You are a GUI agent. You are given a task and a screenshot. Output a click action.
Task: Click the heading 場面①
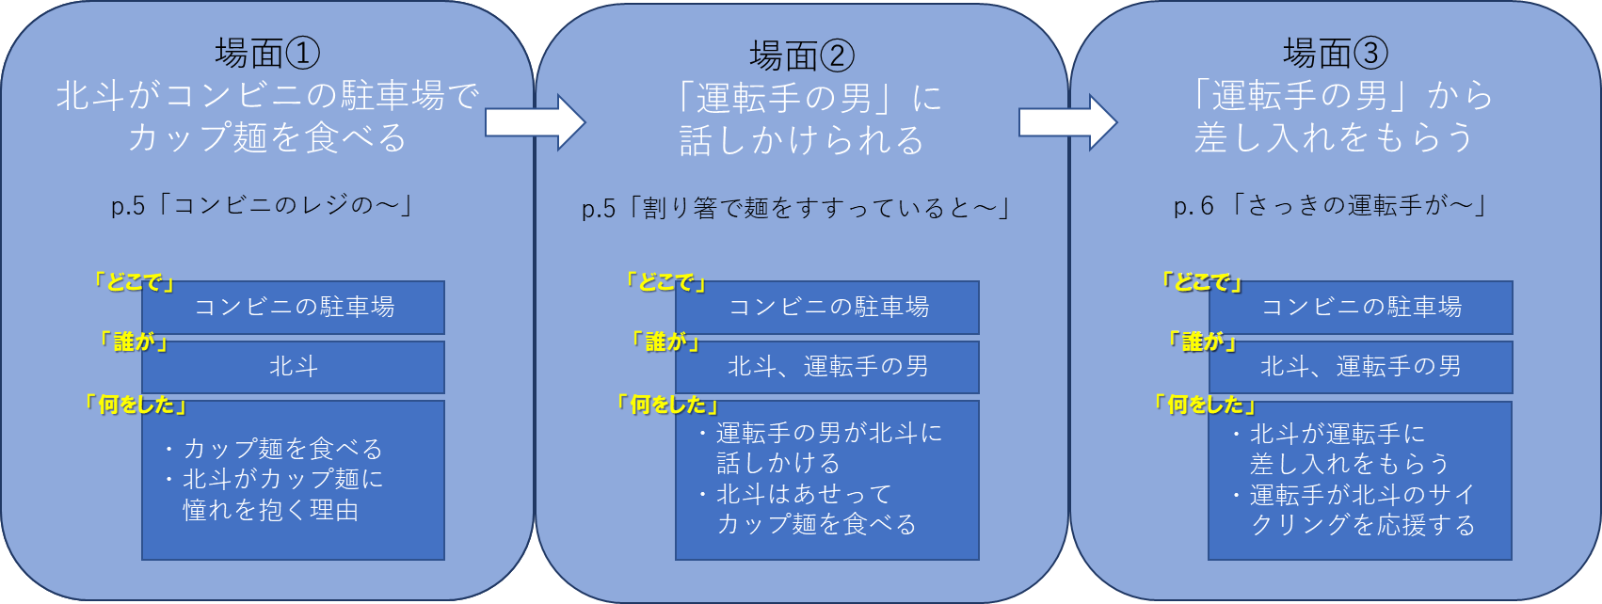[x=267, y=53]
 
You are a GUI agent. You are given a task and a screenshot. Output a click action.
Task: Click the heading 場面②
[x=801, y=56]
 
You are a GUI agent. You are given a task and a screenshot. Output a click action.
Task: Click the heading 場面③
[x=1335, y=53]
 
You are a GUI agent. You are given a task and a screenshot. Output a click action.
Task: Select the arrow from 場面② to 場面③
[x=1067, y=122]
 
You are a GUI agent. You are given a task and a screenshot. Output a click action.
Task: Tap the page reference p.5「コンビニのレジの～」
[x=263, y=205]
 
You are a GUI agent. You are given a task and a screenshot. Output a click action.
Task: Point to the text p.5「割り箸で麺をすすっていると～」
[x=796, y=208]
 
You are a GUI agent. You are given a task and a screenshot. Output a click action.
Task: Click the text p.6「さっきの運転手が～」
[x=1331, y=205]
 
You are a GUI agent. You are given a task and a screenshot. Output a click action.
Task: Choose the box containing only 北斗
[x=294, y=367]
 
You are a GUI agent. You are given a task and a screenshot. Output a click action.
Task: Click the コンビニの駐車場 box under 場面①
[x=294, y=308]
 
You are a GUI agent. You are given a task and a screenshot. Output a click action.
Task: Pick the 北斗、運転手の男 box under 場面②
[x=827, y=367]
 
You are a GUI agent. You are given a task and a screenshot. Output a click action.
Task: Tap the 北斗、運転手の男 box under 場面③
[x=1361, y=367]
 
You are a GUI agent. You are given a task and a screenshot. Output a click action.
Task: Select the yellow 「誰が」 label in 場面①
[x=136, y=342]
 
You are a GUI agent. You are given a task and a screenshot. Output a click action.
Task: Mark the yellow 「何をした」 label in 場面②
[x=667, y=405]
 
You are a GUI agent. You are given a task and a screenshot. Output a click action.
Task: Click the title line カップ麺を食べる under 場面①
[x=267, y=138]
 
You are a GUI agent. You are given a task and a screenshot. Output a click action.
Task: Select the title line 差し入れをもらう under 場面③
[x=1335, y=138]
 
